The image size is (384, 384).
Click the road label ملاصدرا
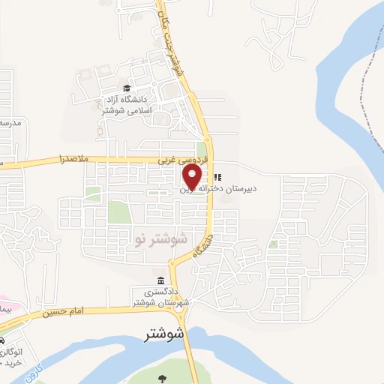coord(74,160)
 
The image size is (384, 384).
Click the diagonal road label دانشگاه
coord(202,245)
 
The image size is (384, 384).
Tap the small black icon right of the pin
coord(217,178)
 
